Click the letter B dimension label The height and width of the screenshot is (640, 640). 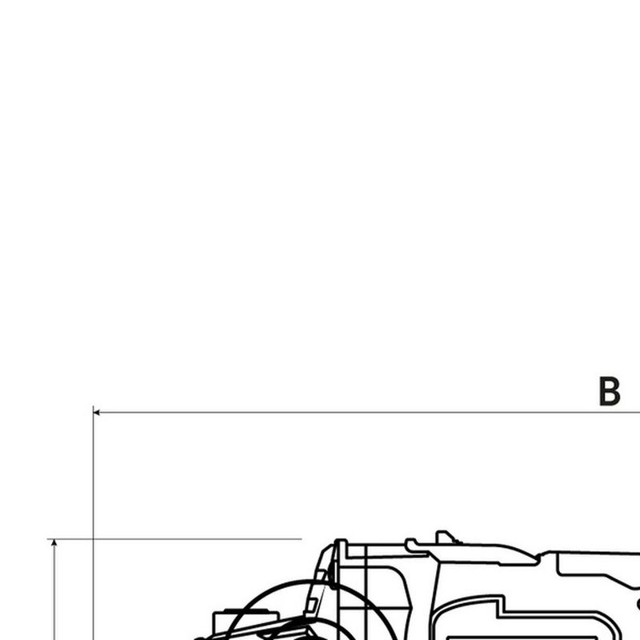610,391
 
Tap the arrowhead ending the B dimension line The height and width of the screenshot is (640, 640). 96,413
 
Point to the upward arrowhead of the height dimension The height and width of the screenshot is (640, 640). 54,542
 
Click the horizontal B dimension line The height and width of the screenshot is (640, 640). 366,413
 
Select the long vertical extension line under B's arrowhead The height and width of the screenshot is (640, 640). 93,523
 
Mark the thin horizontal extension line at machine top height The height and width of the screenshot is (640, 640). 174,539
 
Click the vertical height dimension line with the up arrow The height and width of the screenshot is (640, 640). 54,590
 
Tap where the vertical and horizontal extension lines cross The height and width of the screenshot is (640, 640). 93,539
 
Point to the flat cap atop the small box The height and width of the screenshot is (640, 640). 246,610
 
